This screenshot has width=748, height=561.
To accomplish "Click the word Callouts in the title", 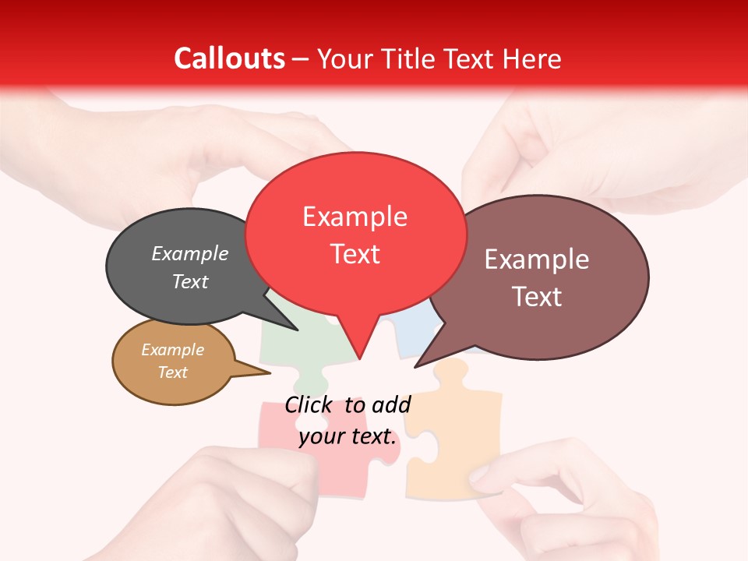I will click(229, 58).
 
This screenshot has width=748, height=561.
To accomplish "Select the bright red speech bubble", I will click(355, 234).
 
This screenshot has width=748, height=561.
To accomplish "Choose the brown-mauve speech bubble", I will click(545, 277).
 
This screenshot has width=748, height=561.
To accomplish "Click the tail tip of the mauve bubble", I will click(415, 366).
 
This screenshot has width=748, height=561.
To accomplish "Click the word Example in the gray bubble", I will click(189, 254).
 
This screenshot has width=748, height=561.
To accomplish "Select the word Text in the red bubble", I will click(355, 254).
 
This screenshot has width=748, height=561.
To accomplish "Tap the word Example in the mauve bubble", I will click(537, 259).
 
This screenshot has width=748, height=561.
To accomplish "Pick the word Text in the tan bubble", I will click(172, 372).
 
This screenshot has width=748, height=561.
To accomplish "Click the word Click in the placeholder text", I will click(308, 404).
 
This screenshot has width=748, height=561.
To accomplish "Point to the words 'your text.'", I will click(348, 437).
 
